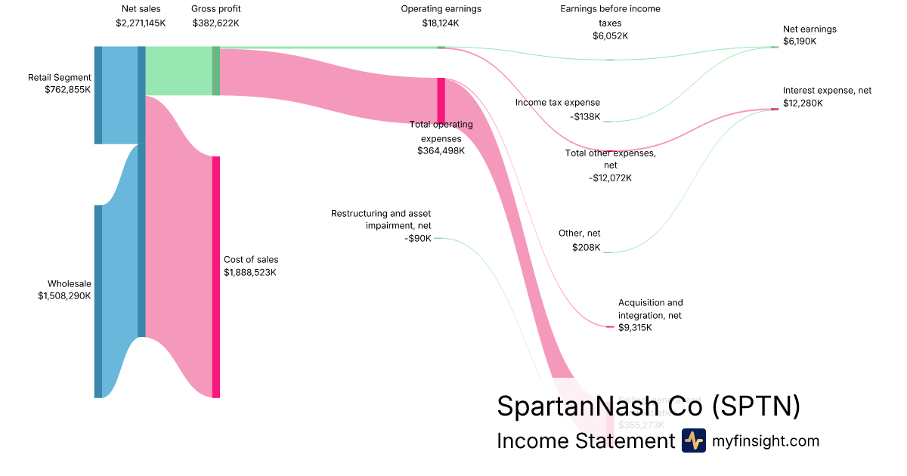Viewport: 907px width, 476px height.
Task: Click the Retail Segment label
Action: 60,77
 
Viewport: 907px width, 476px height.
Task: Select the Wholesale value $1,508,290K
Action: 64,296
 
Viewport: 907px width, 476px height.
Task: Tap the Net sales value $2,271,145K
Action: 141,23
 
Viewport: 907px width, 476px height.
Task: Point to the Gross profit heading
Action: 215,9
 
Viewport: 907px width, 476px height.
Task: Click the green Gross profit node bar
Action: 215,71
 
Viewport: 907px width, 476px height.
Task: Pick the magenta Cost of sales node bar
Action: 215,277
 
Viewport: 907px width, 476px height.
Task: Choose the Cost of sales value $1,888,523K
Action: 250,272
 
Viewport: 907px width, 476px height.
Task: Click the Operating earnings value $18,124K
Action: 441,23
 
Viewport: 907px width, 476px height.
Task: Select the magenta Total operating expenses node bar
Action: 441,100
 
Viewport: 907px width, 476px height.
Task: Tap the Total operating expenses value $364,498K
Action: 441,151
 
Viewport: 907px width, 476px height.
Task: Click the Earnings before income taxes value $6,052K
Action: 610,36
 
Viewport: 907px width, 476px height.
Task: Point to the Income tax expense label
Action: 558,103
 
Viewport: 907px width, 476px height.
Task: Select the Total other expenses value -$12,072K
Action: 610,178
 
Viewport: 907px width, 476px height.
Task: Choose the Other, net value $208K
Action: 586,247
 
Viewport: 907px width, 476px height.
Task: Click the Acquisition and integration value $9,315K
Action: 635,328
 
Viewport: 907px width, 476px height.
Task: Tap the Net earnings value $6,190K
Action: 800,42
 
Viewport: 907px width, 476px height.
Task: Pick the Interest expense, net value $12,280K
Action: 803,103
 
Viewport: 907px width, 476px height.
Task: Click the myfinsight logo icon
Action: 694,440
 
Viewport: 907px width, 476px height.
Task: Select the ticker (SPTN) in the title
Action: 756,406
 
